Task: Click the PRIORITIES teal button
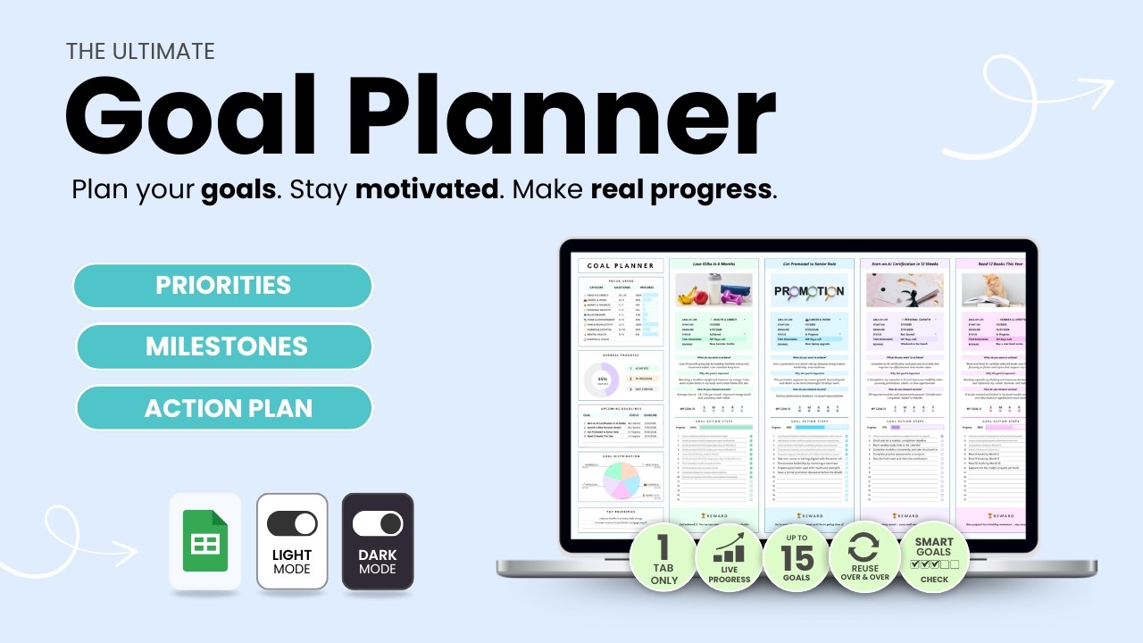coord(223,286)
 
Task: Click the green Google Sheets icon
coord(204,541)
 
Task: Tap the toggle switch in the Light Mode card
coord(292,523)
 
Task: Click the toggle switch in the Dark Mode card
coord(377,523)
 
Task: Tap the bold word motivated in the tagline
coord(428,189)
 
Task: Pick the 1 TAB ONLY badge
coord(663,557)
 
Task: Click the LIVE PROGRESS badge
coord(729,557)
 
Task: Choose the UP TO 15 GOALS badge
coord(796,557)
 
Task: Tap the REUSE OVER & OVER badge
coord(864,557)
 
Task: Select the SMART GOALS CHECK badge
coord(933,557)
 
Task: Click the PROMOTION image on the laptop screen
coord(808,290)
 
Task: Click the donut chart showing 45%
coord(601,381)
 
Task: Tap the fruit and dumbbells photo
coord(713,290)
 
